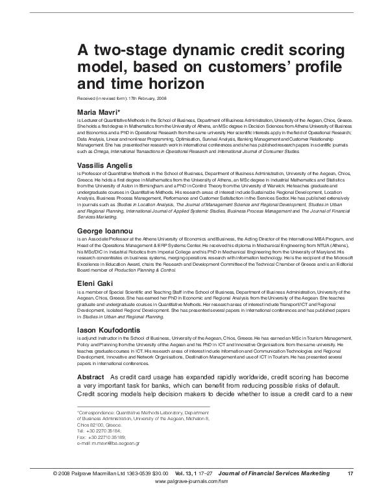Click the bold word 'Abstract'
click(90, 377)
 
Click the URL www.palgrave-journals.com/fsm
click(193, 483)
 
